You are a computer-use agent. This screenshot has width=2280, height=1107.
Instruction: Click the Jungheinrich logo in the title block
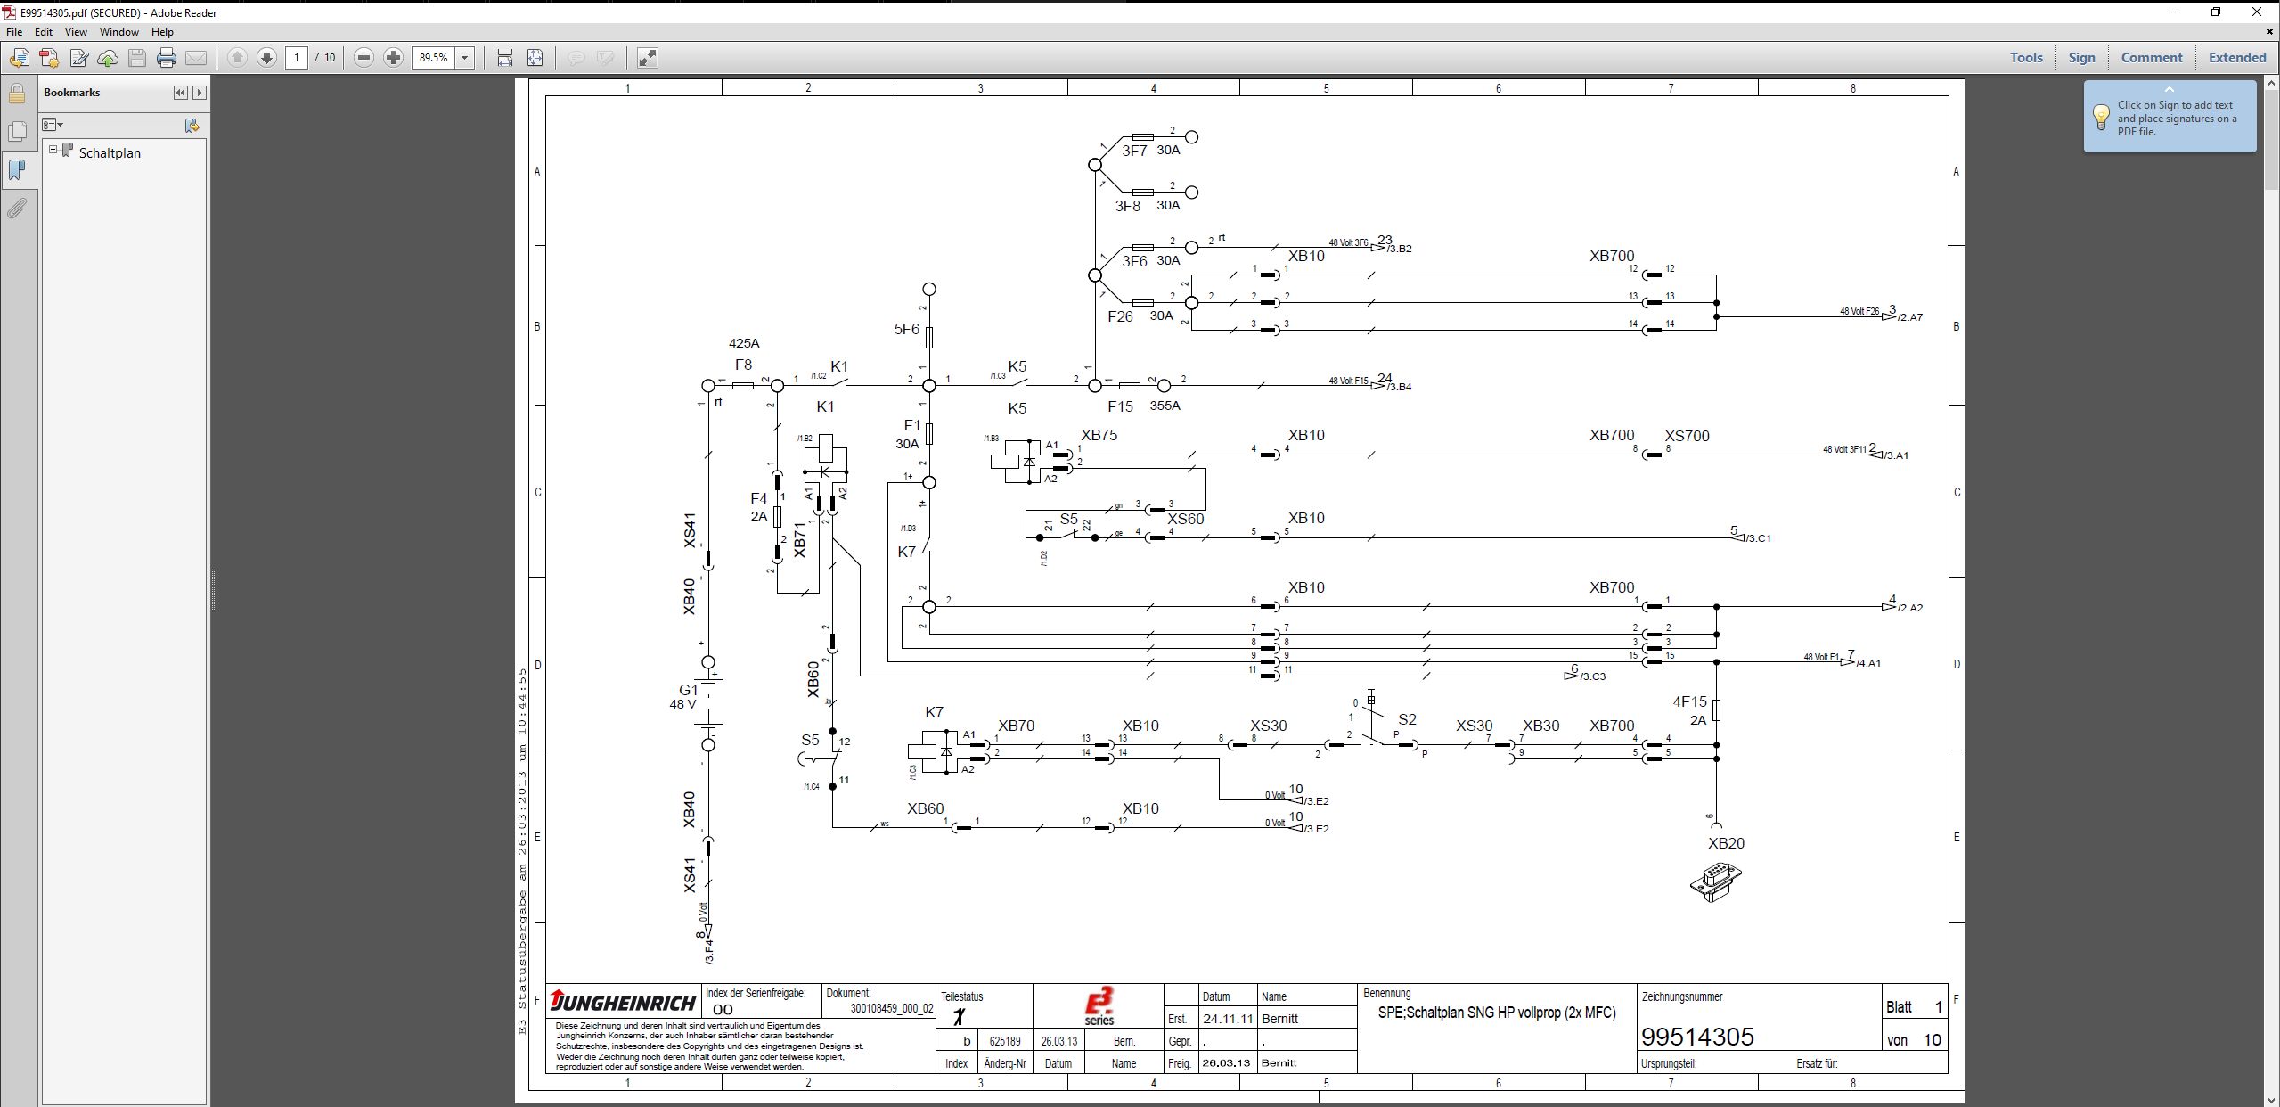623,1002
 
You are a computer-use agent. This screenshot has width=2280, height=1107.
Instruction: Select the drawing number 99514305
1696,1037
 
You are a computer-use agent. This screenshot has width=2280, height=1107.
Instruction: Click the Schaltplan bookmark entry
110,153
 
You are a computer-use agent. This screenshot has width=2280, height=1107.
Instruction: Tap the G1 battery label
689,690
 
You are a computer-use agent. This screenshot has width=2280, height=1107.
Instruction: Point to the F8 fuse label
743,365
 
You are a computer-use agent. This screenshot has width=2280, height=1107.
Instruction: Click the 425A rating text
744,343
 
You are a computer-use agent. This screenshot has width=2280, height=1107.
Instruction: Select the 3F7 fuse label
1133,152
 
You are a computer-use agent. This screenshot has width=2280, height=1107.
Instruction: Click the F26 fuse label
1120,316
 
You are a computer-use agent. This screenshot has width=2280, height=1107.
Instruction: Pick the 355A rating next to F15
1165,406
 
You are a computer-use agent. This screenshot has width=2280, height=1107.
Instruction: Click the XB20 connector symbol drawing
1715,881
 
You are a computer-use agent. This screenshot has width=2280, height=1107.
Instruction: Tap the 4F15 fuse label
1689,702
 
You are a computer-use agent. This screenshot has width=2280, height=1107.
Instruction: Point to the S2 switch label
1407,719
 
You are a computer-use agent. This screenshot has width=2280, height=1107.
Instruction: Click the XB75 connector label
1099,436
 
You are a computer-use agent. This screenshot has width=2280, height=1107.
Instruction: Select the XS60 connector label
1185,519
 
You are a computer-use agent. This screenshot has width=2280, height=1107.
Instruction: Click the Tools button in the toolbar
2025,58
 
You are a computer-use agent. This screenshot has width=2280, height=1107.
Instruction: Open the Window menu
118,32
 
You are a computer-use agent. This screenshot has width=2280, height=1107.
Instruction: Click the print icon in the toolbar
167,58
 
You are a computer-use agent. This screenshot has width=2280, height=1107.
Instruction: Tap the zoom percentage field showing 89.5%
434,58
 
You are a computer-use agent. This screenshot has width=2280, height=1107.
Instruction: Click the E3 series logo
1099,1006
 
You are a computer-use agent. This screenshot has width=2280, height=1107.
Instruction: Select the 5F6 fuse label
906,330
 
